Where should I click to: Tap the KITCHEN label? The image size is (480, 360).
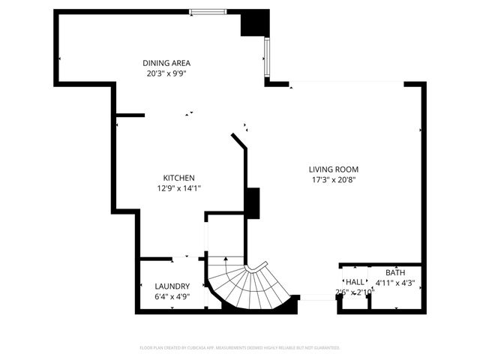[x=179, y=178]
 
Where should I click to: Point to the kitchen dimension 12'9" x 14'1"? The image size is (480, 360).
[x=179, y=188]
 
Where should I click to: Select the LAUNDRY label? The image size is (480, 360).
[x=172, y=286]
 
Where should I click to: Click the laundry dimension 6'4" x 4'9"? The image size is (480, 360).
[x=172, y=297]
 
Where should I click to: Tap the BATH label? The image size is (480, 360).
[x=394, y=272]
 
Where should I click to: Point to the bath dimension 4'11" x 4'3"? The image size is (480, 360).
[x=395, y=283]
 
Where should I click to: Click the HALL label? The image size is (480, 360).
[x=355, y=281]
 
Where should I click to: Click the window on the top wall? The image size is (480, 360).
[x=208, y=11]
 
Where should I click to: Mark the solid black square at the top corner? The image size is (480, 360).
[x=254, y=22]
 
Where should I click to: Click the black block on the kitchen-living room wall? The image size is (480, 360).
[x=253, y=202]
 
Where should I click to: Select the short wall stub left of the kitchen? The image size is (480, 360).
[x=130, y=115]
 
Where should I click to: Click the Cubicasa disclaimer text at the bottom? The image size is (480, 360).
[x=240, y=348]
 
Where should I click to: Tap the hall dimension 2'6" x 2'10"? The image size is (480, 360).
[x=355, y=292]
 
